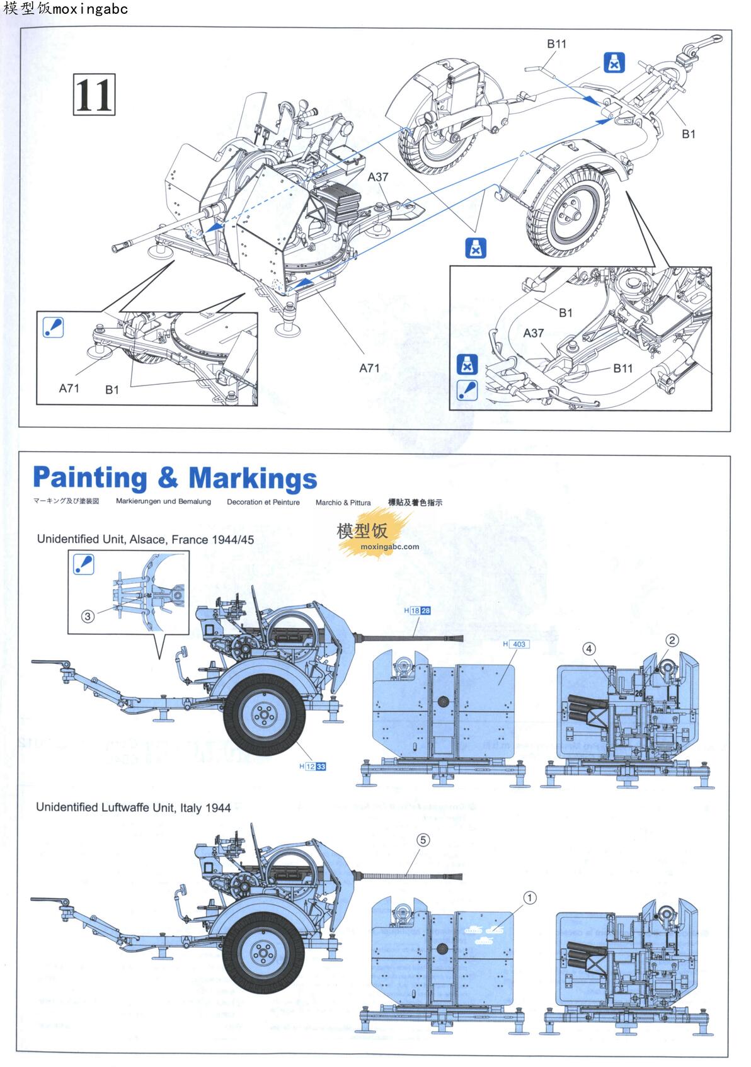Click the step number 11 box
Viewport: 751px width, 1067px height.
coord(95,94)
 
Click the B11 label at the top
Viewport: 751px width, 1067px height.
coord(556,43)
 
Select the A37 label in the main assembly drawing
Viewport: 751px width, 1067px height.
coord(378,177)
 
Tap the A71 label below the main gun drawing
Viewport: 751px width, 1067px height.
coord(369,368)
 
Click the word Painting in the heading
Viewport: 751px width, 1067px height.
coord(89,478)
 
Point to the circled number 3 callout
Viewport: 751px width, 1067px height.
coord(88,617)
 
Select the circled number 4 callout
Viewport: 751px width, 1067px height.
coord(588,648)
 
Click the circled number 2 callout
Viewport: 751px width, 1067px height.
coord(672,641)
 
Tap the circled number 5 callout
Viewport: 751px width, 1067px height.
coord(423,840)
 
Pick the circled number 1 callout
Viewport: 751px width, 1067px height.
coord(530,898)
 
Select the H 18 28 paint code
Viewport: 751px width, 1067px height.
coord(417,610)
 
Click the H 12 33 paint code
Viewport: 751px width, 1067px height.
coord(312,767)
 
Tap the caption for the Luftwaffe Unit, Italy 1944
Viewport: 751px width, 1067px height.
coord(134,807)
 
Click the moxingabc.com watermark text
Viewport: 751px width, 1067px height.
coord(391,547)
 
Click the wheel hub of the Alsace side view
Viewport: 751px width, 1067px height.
coord(261,714)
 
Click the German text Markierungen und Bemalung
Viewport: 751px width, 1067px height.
coord(163,501)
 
